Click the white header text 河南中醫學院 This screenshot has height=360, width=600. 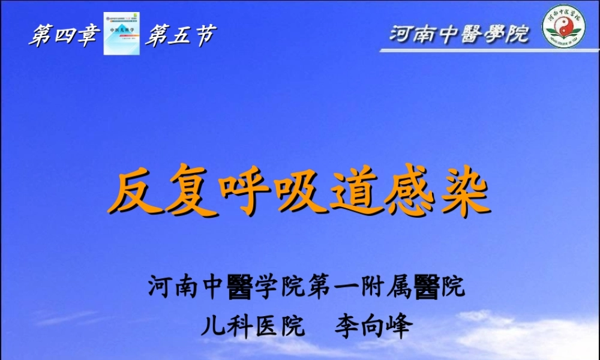point(459,34)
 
